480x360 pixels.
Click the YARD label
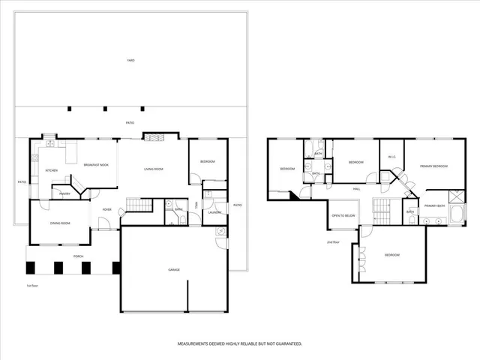coord(130,61)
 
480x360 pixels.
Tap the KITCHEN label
coord(51,171)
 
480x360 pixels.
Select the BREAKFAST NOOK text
coord(95,164)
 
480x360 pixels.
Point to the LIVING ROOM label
coord(154,169)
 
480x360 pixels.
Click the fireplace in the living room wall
coord(154,138)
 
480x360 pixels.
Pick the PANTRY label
coord(65,193)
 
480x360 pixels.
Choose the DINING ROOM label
coord(60,223)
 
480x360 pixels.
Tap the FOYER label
coord(106,209)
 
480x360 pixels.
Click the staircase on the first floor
coord(138,205)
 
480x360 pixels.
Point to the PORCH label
coord(78,256)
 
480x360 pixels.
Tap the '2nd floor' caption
coord(333,243)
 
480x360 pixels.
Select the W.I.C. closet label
coord(391,157)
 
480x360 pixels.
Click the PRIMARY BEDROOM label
coord(433,166)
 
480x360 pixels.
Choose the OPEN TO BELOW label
coord(343,215)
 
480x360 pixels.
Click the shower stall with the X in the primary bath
coord(457,195)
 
